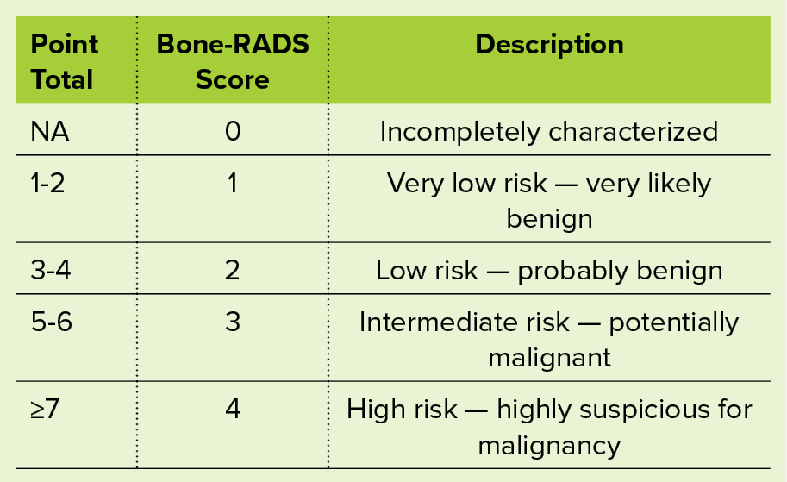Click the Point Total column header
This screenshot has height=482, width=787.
coord(65,62)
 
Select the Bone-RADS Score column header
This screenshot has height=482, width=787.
coord(233,62)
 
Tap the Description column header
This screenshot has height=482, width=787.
coord(550,45)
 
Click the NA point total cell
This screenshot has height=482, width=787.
coord(50,132)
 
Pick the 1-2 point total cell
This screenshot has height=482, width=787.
coord(47,184)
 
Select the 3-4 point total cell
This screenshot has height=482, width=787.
coord(51,270)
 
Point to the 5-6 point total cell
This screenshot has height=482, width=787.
coord(51,322)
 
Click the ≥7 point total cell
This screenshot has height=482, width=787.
coord(45,409)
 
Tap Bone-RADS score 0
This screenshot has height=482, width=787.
coord(233,132)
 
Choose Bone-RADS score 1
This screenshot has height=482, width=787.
coord(232,184)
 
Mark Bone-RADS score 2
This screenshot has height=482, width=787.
coord(233,270)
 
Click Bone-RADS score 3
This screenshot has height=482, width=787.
coord(233,322)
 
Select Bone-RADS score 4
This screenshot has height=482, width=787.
coord(233,409)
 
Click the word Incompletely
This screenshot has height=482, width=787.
coord(459,133)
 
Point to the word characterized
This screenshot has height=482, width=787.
coord(634,132)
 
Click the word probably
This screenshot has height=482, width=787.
coord(572,272)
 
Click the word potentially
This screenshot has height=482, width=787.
coord(673,323)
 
